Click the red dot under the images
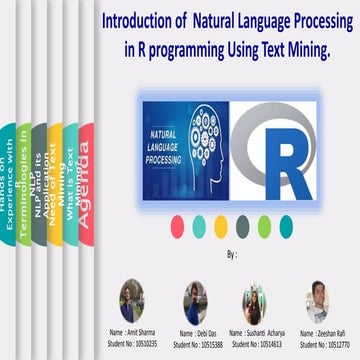click(177, 223)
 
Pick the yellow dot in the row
click(221, 223)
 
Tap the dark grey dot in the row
click(243, 223)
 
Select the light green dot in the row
click(265, 223)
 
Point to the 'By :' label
click(232, 255)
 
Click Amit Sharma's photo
click(133, 297)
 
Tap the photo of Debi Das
click(195, 300)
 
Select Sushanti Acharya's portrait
click(253, 300)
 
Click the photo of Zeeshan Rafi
click(318, 298)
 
